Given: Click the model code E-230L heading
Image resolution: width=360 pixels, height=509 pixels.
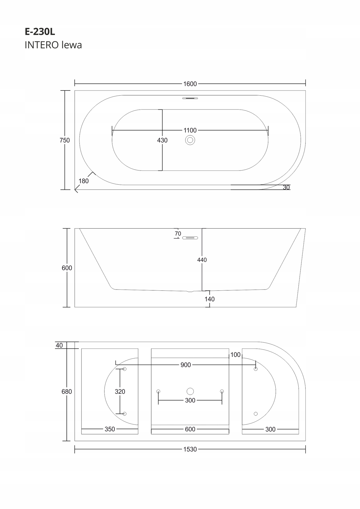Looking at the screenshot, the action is tap(40, 32).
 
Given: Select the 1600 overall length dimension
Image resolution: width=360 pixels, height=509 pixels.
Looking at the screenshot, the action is tap(190, 84).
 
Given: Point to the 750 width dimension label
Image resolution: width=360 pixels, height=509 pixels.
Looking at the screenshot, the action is tap(65, 140).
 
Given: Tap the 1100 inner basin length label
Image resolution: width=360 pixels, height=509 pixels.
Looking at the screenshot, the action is tap(190, 130).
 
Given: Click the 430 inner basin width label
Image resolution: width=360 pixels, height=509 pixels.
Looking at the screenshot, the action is tap(162, 140).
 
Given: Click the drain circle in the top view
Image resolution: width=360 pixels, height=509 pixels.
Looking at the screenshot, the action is tap(190, 140).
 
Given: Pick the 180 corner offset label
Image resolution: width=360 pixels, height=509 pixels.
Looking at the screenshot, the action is tap(84, 181).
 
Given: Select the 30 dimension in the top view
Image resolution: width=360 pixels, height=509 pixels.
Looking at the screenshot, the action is tap(286, 187).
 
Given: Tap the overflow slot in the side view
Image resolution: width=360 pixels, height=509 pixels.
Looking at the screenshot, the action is tap(190, 238).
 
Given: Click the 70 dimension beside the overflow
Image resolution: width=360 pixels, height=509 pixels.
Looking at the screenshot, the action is tap(178, 234).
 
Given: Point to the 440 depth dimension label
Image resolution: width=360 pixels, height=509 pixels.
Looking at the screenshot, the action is tap(202, 260).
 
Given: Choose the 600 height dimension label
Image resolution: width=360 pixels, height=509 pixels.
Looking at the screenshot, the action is tap(67, 268).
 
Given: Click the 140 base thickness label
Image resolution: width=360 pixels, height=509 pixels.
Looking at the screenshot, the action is tap(210, 299).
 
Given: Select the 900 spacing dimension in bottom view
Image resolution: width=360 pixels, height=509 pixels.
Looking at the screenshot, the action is tap(186, 365).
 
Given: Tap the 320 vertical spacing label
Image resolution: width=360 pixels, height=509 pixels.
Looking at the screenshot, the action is tap(120, 392).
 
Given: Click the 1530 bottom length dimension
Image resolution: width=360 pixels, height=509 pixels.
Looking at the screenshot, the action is tap(190, 449).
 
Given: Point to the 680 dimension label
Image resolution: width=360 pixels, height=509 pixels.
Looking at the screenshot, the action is tap(67, 392).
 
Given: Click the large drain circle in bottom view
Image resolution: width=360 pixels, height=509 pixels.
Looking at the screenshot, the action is tap(190, 391).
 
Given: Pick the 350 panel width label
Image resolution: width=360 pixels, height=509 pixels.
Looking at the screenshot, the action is tap(110, 429).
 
